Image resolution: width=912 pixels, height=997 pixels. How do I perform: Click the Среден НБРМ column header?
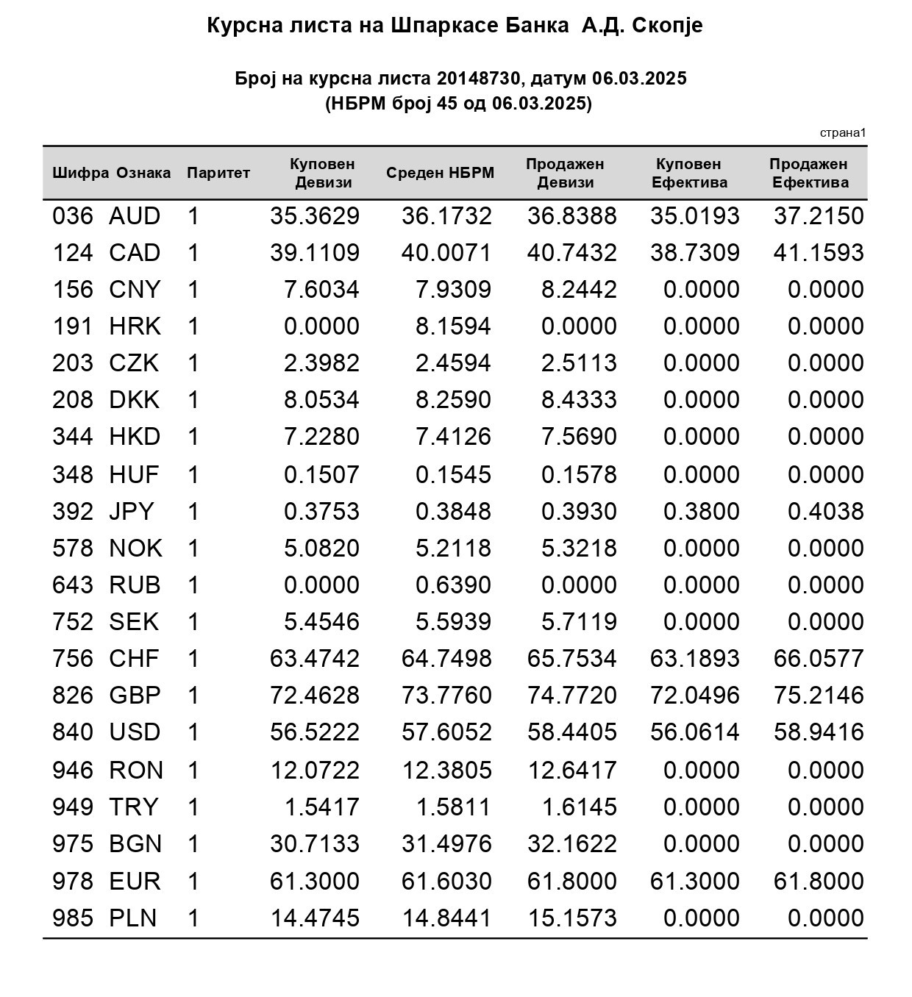(440, 174)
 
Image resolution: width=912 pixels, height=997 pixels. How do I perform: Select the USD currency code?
(135, 732)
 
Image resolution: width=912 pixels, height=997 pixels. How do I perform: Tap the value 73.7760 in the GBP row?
(446, 696)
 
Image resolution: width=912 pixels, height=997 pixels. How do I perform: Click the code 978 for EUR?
(73, 881)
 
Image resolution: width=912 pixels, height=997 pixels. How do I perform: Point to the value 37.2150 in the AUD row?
(818, 216)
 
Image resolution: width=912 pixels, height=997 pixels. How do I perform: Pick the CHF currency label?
(134, 658)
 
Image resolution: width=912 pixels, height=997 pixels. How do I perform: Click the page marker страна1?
(842, 133)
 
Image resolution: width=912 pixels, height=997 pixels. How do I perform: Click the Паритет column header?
(218, 174)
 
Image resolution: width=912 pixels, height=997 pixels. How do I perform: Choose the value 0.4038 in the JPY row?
(825, 512)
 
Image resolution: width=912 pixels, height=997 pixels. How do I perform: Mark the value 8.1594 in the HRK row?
(453, 326)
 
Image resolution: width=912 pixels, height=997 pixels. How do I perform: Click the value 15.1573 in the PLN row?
(571, 918)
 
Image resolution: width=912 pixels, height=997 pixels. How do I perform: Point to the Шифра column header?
(80, 174)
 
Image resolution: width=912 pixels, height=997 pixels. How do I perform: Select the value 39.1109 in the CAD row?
(314, 253)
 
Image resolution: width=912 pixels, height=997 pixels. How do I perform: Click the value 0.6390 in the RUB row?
(453, 585)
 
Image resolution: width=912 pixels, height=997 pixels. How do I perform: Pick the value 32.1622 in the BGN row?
(571, 844)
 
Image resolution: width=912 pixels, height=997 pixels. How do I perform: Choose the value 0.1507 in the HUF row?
(321, 475)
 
